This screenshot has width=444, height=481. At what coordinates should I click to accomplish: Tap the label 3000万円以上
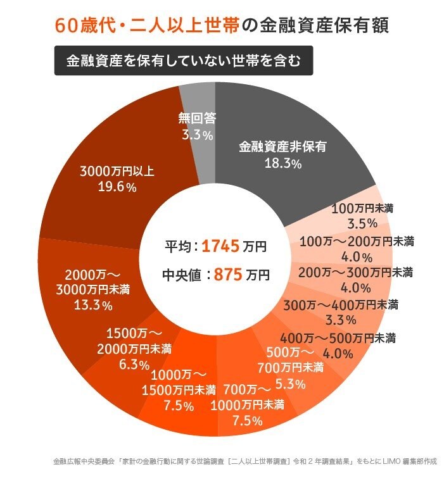pos(117,170)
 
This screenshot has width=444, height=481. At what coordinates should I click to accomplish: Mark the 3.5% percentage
pos(362,223)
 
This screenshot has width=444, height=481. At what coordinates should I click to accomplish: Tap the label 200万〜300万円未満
pos(355,272)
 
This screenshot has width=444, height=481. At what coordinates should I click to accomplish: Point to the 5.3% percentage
pos(291,384)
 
